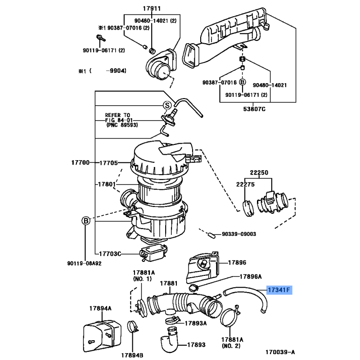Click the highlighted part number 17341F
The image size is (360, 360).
coord(279,290)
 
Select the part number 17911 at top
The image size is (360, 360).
coord(152,9)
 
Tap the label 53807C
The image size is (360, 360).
coord(254,109)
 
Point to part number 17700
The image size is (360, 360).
coord(81,162)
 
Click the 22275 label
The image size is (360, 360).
coord(245,184)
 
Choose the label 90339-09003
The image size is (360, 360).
coord(239,234)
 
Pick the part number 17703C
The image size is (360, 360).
coord(110,254)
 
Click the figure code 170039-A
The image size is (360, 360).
coord(280,352)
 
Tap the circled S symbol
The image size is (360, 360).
coord(167,105)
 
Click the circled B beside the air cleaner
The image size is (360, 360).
coord(86,221)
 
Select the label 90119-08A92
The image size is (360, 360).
coord(84,263)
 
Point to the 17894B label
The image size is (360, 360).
coord(132,355)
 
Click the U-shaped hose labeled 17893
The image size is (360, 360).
coord(169,339)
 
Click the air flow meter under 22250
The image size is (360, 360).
coord(272,202)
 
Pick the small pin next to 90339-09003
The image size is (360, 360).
coord(212,236)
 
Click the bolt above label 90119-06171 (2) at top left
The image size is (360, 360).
coord(100,38)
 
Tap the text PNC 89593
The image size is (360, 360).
coord(122,125)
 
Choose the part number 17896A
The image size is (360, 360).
coord(251,276)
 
